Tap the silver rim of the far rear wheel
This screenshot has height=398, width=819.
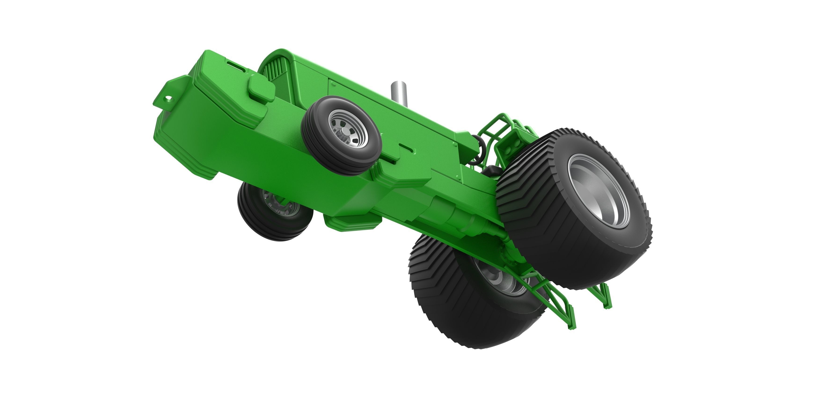[x=496, y=280]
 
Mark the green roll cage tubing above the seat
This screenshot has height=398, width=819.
[x=496, y=127]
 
